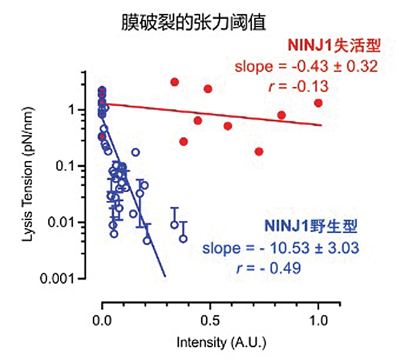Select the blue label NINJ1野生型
tap(311, 225)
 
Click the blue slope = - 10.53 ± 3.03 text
tap(280, 248)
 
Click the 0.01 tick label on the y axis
tap(62, 222)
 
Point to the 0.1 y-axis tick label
tap(66, 166)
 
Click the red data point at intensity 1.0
tap(318, 103)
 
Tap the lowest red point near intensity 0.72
tap(259, 151)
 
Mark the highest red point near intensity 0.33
tap(174, 82)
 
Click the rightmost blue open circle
tap(183, 239)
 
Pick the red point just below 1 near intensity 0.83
tap(281, 115)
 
